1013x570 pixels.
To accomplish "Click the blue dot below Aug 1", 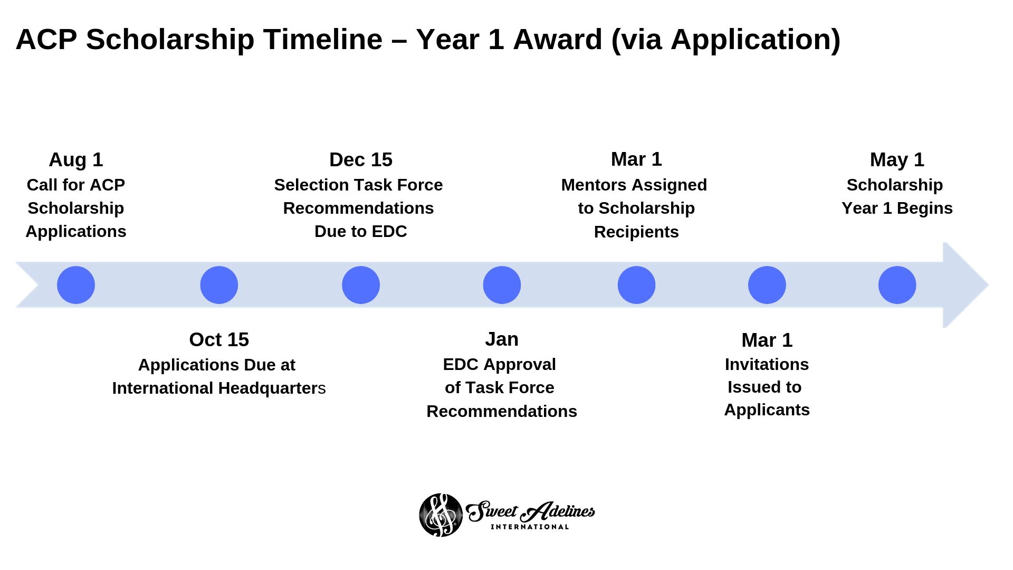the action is point(76,285).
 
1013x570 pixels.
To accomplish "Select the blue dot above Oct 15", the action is point(219,285).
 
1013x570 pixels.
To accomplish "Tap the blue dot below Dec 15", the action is point(361,285).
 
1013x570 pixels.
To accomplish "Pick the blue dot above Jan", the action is point(502,285).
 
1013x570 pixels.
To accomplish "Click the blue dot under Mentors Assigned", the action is point(636,285).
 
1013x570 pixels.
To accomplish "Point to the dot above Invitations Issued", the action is point(767,285).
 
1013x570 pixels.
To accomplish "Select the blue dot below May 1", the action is point(897,285).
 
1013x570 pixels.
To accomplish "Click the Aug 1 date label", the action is point(76,160).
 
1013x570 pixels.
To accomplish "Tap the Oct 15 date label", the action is point(219,340).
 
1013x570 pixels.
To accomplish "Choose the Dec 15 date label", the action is point(361,160).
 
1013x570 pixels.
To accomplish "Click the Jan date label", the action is point(502,339).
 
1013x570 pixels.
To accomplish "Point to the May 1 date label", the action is point(897,160).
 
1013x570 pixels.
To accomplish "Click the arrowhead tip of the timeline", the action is point(988,285).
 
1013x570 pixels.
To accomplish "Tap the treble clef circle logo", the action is point(441,515).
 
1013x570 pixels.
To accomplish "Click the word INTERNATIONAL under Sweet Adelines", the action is point(530,527).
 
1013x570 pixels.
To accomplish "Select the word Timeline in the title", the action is point(323,40).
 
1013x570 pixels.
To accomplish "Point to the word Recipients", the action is point(636,232).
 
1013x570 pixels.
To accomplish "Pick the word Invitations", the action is point(767,364).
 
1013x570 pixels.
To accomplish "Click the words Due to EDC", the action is point(361,232).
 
